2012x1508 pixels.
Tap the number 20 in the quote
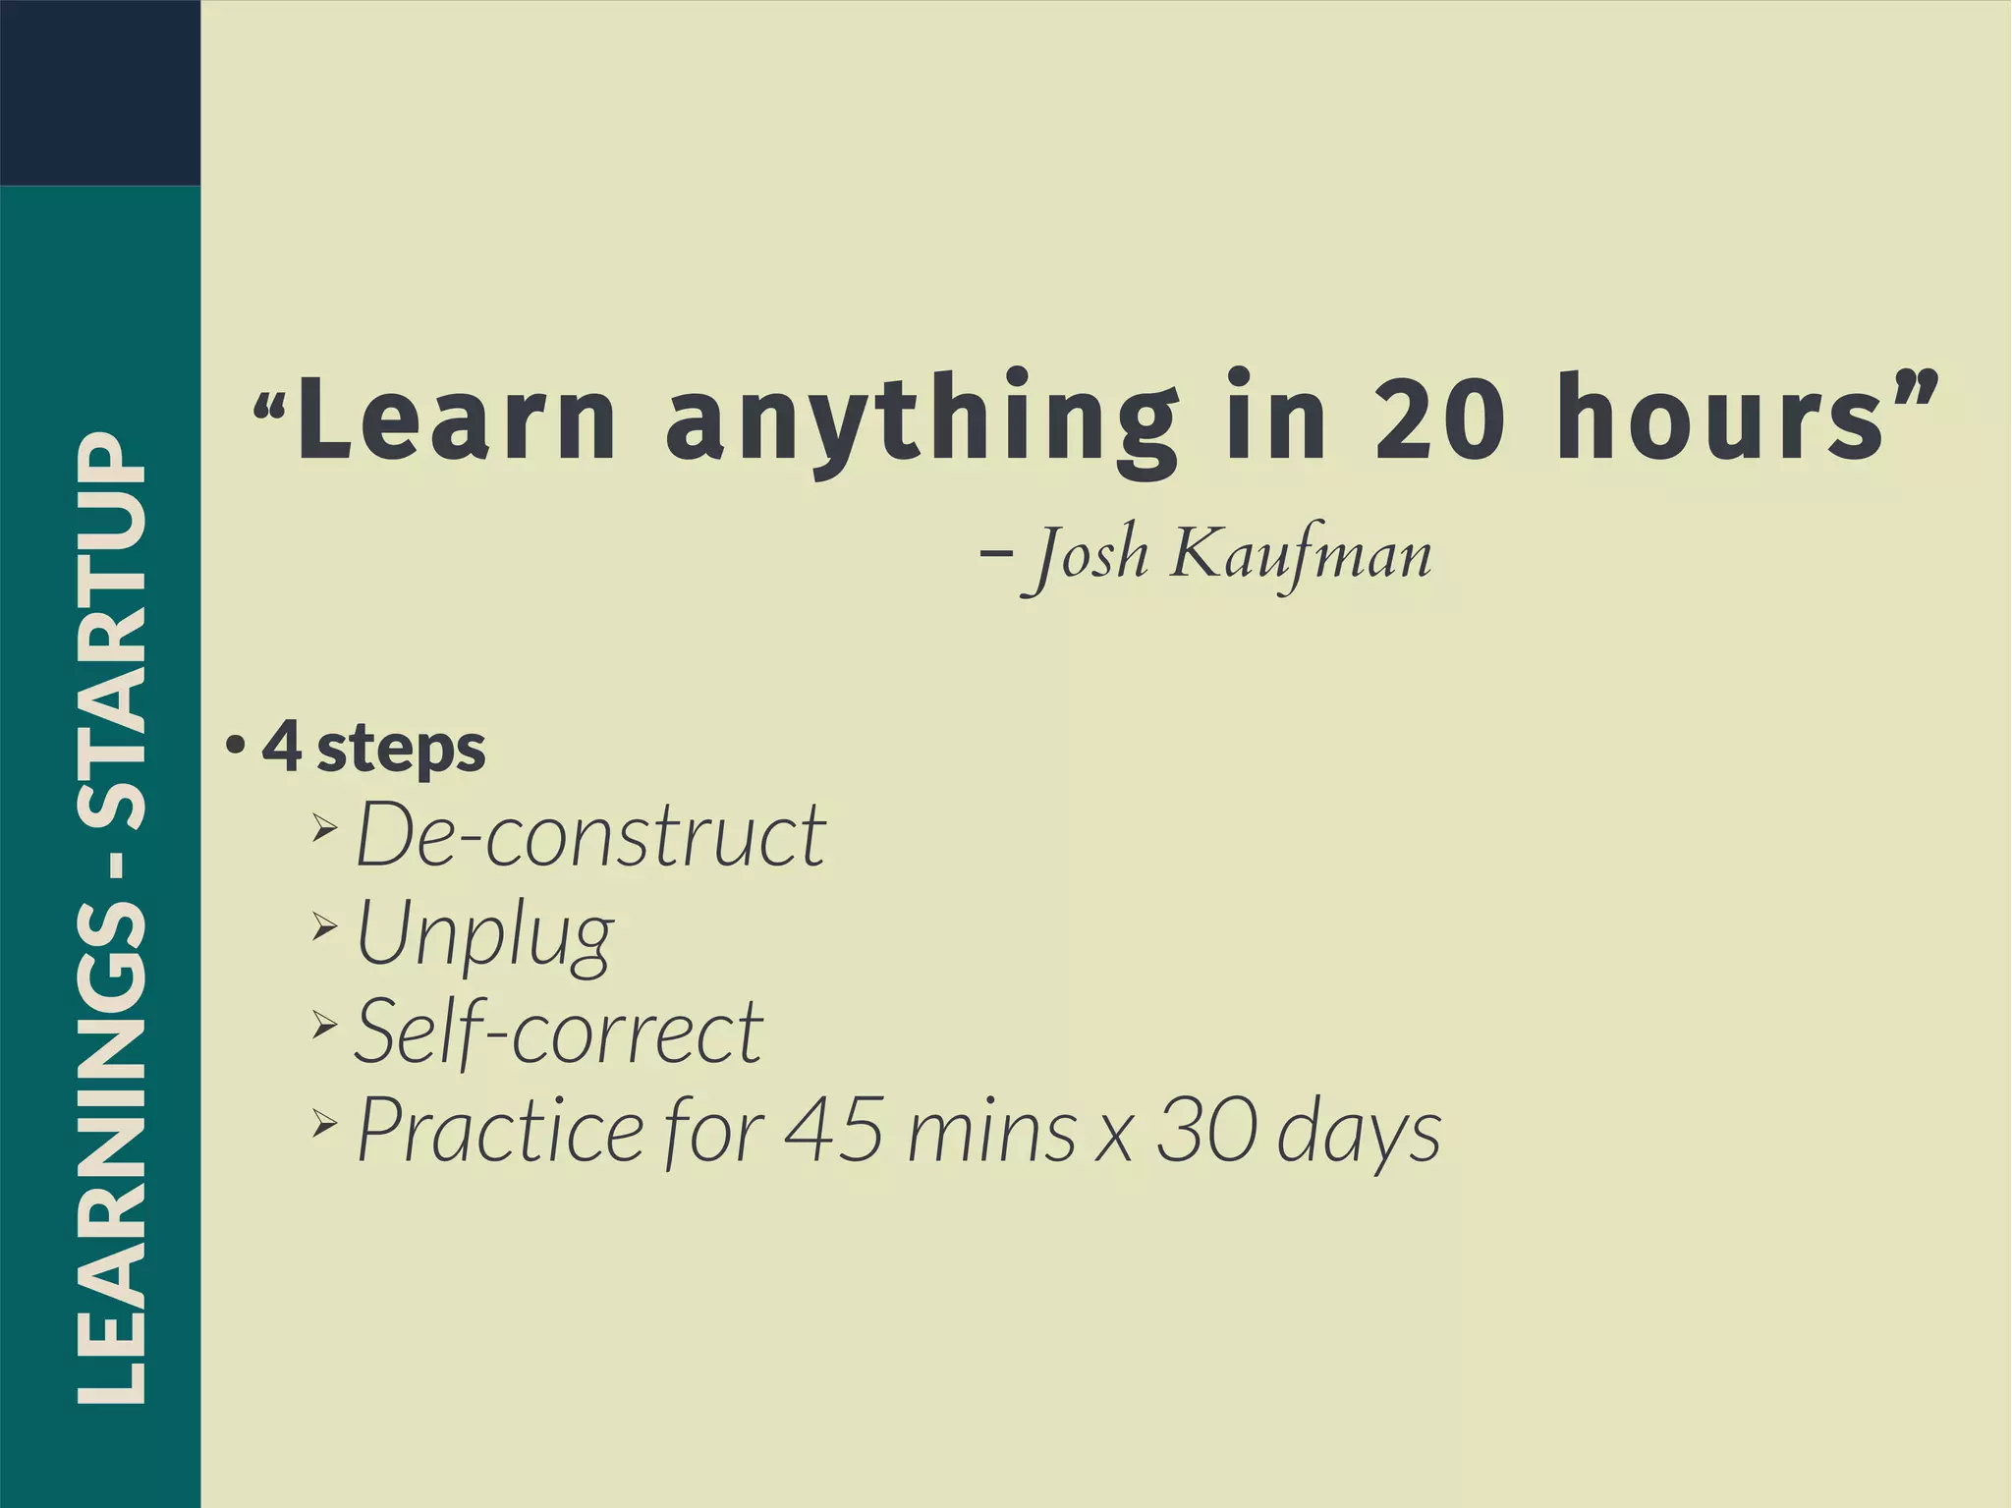[x=1439, y=418]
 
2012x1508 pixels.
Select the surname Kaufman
[x=1301, y=555]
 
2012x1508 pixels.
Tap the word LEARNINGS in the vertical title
[x=112, y=1154]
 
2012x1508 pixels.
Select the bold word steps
[x=402, y=751]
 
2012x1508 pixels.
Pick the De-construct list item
[x=590, y=835]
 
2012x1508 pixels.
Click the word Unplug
[x=484, y=935]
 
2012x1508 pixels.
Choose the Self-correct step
[x=559, y=1032]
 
